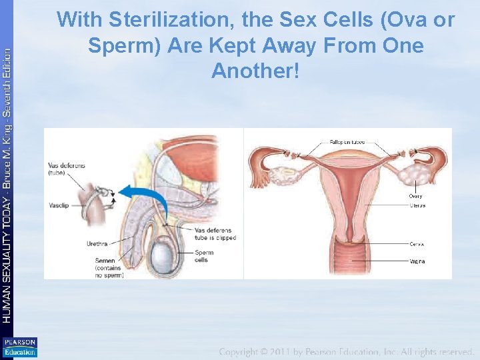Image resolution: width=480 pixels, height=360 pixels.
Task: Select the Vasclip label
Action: pos(60,206)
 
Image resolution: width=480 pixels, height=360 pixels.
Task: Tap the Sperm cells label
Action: pos(204,256)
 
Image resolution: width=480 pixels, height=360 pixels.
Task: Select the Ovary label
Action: pos(415,196)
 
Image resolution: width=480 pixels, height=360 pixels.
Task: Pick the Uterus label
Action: pos(417,205)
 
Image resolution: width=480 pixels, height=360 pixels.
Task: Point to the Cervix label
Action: pos(417,245)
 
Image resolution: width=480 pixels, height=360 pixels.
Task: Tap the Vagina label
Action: pos(417,261)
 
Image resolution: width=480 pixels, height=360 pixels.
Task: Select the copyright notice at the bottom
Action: pos(347,351)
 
